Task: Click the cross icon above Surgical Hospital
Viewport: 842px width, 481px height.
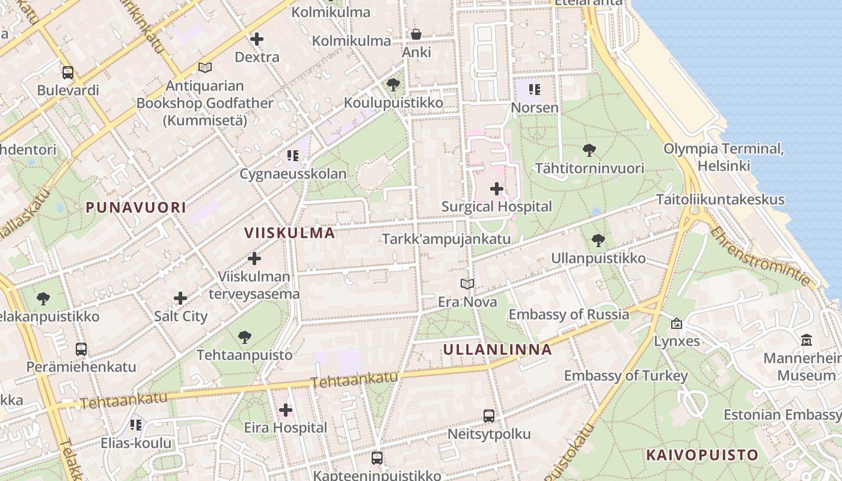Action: pyautogui.click(x=497, y=189)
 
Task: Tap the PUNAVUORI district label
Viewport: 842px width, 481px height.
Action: pyautogui.click(x=135, y=208)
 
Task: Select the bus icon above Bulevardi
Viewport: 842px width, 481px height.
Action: pyautogui.click(x=68, y=73)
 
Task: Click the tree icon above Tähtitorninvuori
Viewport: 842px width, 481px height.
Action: pyautogui.click(x=589, y=150)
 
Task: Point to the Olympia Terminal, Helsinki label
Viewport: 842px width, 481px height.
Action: pyautogui.click(x=724, y=156)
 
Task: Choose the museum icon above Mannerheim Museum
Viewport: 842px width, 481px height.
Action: pyautogui.click(x=807, y=340)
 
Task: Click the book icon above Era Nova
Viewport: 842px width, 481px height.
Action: pyautogui.click(x=467, y=284)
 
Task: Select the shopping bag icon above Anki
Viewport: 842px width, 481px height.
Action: pyautogui.click(x=416, y=34)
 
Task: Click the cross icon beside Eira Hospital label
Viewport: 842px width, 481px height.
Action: pyautogui.click(x=286, y=410)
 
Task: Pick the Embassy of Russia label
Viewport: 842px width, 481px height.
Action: pyautogui.click(x=568, y=314)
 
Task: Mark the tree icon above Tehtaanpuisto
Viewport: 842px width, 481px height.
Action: pyautogui.click(x=244, y=337)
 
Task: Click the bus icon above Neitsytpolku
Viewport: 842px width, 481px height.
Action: pyautogui.click(x=489, y=415)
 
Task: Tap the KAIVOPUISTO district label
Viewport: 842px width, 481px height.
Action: pyautogui.click(x=702, y=455)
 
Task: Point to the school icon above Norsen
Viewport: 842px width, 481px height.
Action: pyautogui.click(x=535, y=90)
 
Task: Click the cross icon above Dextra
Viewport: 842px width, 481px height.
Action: pyautogui.click(x=257, y=39)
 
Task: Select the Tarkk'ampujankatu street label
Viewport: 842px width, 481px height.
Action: pyautogui.click(x=446, y=239)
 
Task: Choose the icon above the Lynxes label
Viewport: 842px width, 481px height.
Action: pyautogui.click(x=677, y=323)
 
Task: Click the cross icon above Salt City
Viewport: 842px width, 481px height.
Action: pyautogui.click(x=180, y=298)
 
